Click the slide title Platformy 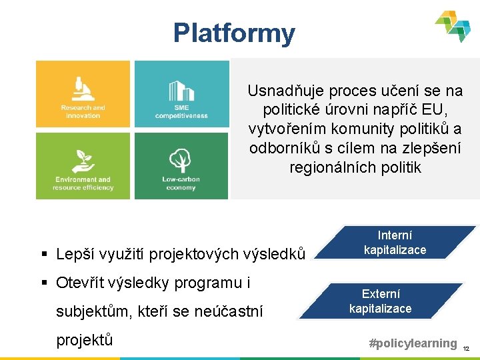click(x=233, y=33)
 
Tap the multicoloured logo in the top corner click(x=453, y=26)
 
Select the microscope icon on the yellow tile click(x=83, y=89)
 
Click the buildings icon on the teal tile click(x=181, y=91)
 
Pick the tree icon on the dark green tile click(x=181, y=161)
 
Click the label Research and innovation click(x=83, y=111)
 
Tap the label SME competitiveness click(x=181, y=111)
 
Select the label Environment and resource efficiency click(x=83, y=183)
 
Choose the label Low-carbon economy click(x=181, y=183)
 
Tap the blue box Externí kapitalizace click(x=380, y=301)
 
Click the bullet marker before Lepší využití click(x=44, y=255)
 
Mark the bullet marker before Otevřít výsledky click(x=44, y=283)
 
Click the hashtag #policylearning click(x=413, y=343)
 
